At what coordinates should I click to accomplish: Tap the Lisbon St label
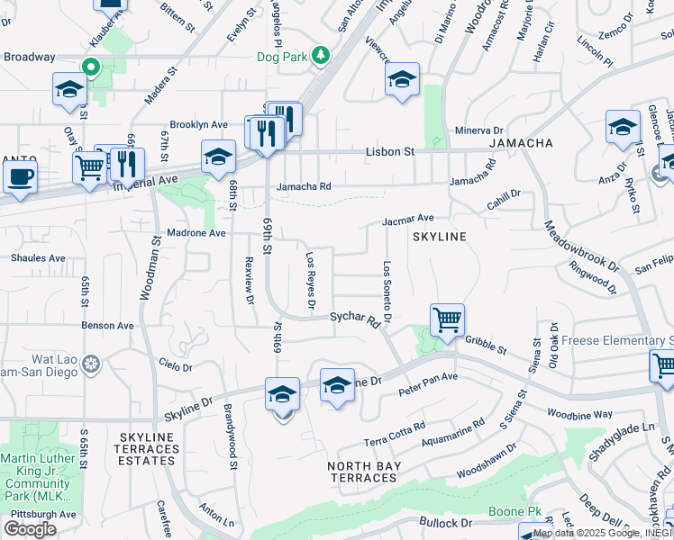(389, 152)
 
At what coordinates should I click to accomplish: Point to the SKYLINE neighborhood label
(439, 237)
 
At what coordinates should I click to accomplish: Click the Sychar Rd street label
(353, 318)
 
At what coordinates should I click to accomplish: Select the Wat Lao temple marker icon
(90, 364)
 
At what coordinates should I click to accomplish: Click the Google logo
(30, 529)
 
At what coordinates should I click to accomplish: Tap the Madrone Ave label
(198, 233)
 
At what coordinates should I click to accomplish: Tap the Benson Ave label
(107, 326)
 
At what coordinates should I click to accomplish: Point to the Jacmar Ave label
(408, 218)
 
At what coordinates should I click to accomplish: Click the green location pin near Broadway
(90, 67)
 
